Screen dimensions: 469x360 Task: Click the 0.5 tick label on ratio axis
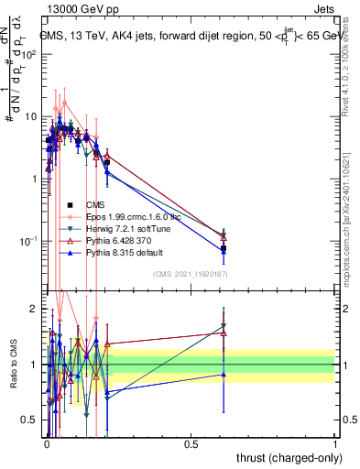29,420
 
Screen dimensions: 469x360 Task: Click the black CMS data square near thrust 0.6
224,248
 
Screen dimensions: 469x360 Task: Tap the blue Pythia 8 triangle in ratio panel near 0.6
224,374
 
